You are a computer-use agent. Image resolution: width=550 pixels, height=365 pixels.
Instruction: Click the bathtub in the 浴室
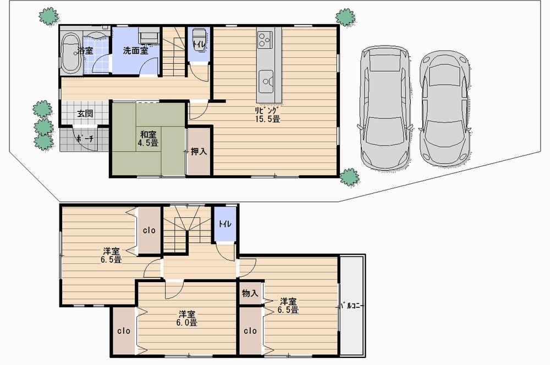(71, 53)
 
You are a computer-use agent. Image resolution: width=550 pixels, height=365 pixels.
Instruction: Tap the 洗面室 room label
(135, 50)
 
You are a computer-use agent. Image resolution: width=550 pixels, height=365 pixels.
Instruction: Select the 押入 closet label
(199, 151)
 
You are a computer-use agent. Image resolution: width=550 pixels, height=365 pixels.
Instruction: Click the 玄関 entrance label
(85, 114)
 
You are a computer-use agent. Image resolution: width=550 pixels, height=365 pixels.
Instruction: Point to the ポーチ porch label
(85, 139)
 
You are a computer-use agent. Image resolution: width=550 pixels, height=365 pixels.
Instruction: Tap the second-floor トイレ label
(224, 223)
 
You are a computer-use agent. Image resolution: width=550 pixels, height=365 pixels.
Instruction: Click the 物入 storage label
(250, 293)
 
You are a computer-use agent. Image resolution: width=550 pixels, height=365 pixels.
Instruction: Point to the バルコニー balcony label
(352, 305)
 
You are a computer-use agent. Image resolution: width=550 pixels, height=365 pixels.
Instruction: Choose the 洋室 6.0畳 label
(187, 318)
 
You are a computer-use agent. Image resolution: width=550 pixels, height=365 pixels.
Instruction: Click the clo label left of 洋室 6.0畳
(123, 331)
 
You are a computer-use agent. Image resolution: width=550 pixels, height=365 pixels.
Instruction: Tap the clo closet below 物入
(250, 331)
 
